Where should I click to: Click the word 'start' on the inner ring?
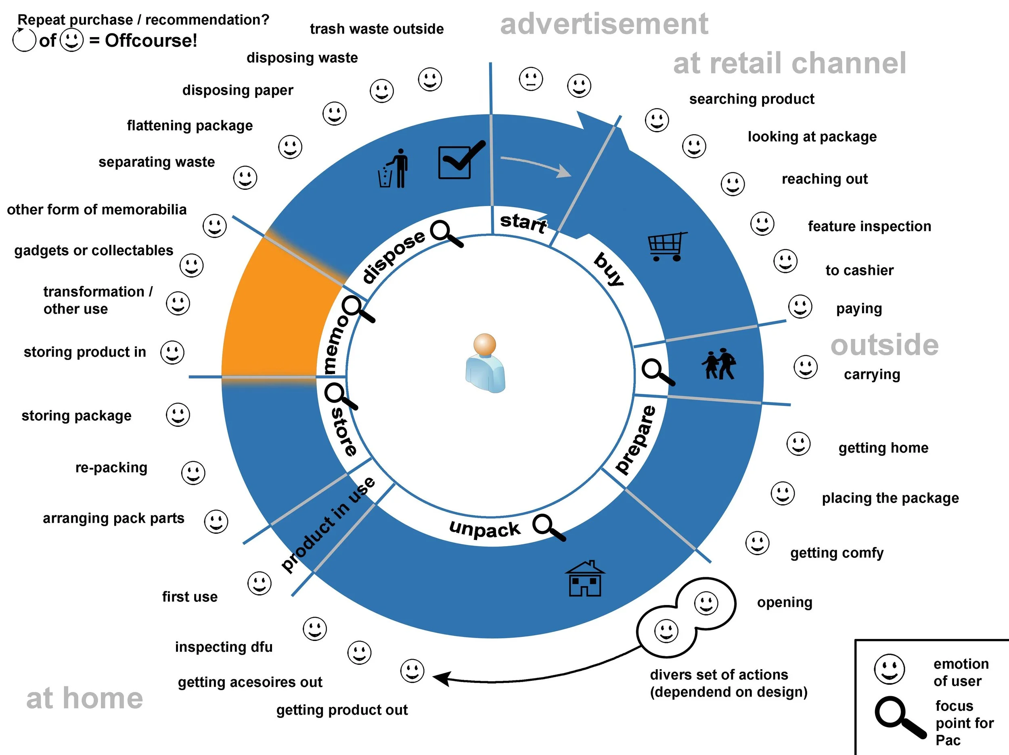[523, 223]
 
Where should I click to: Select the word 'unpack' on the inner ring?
[484, 528]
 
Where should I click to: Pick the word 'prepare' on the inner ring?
[635, 440]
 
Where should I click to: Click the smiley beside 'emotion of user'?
[889, 669]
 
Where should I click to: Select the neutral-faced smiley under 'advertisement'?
[531, 79]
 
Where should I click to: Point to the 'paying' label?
[859, 309]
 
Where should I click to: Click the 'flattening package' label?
[190, 125]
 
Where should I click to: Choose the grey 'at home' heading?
[84, 698]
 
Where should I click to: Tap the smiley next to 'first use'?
[259, 583]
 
